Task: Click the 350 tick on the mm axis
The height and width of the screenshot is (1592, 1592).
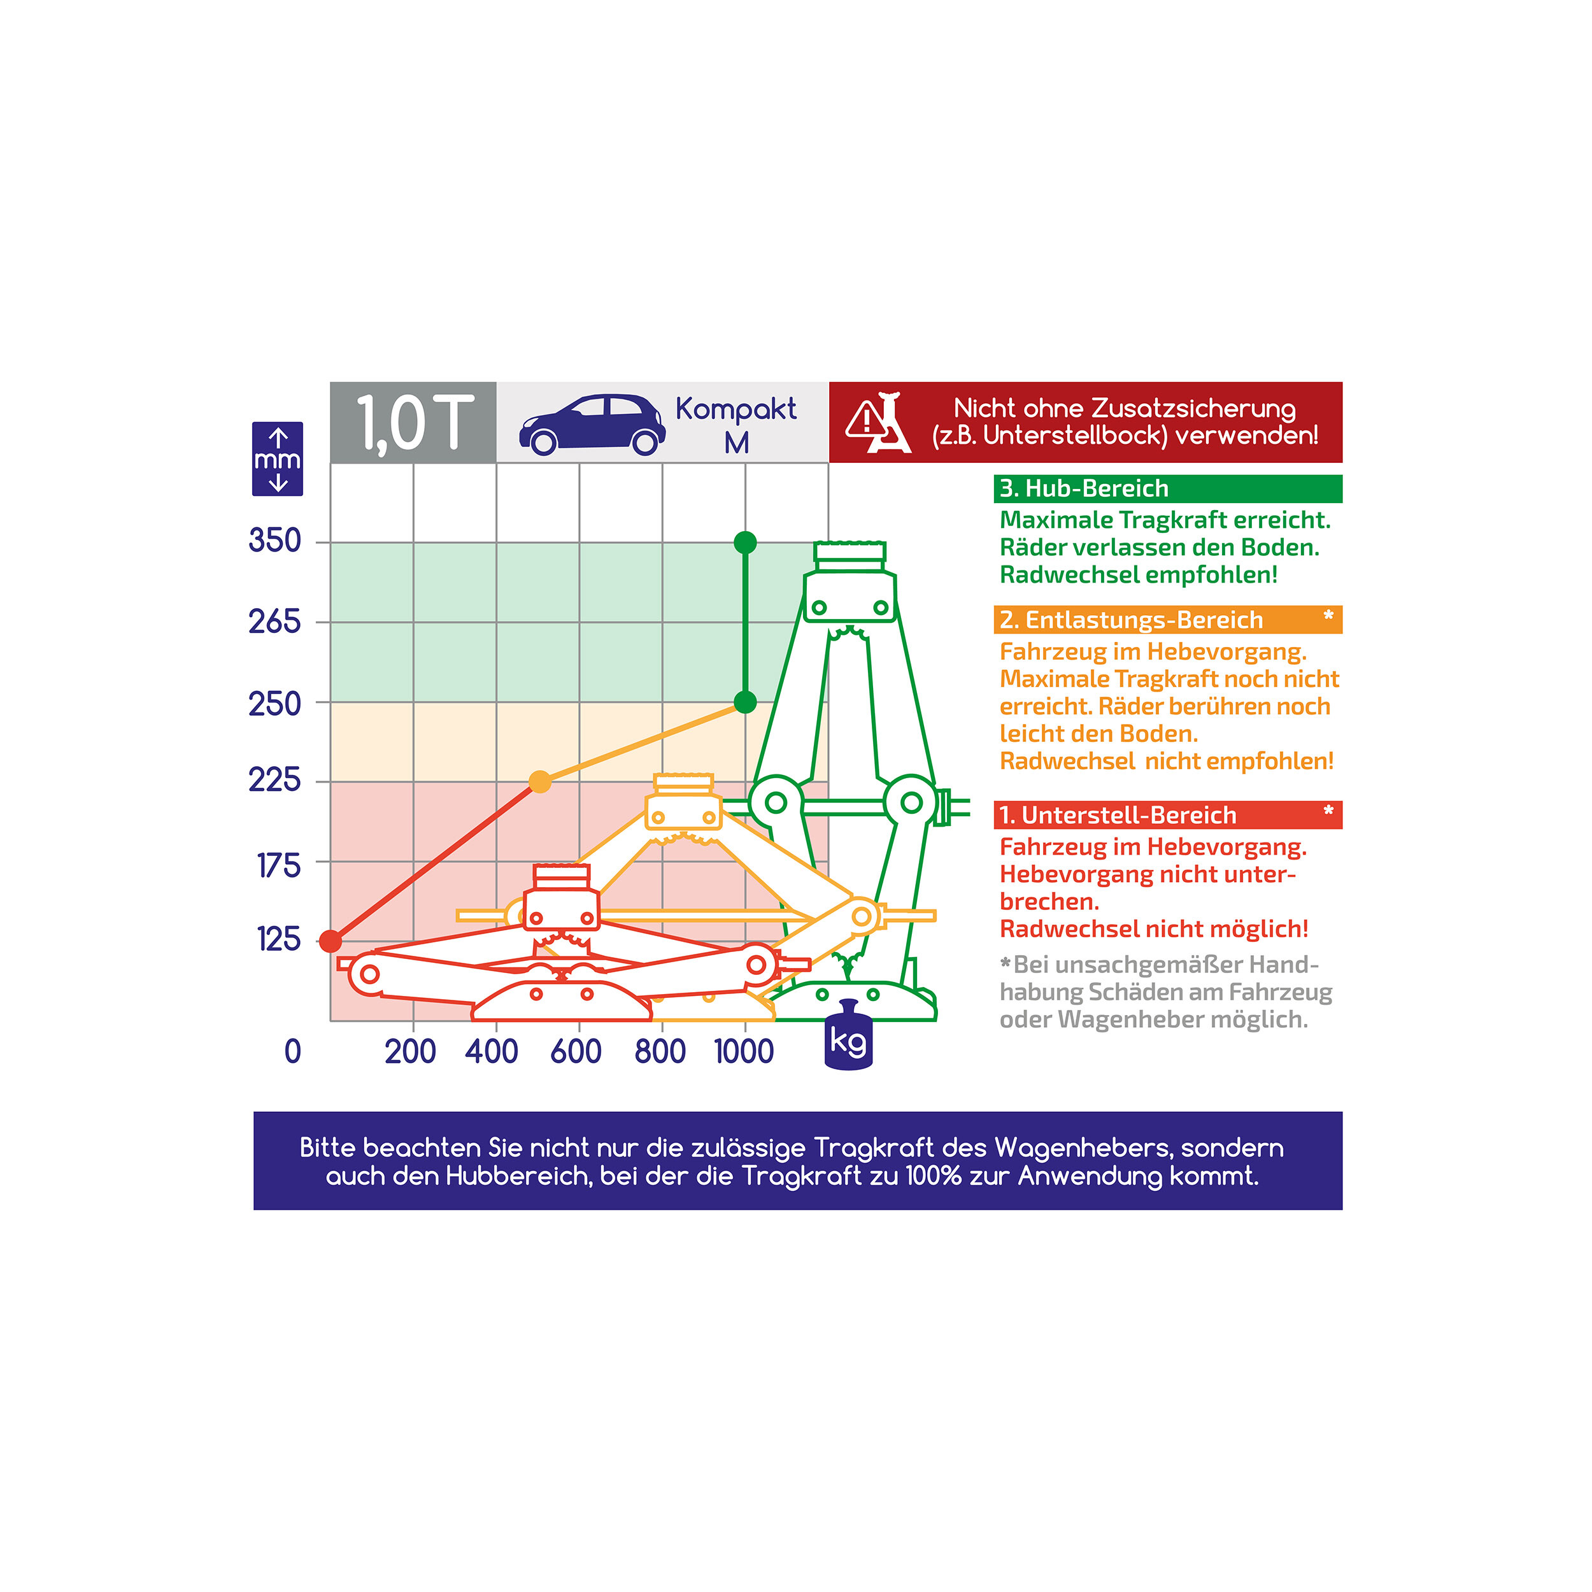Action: (275, 541)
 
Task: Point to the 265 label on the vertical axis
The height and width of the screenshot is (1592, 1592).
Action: (275, 622)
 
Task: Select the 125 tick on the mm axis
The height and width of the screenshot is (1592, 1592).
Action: (278, 939)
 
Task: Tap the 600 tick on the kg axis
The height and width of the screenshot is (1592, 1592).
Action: (576, 1052)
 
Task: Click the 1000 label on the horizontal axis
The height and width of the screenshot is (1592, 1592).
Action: (744, 1052)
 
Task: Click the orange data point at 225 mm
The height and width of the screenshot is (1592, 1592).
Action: (540, 781)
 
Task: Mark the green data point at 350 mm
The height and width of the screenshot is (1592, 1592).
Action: (746, 542)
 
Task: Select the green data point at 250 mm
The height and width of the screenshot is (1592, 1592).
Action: (746, 702)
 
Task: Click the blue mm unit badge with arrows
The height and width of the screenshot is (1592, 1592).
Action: (278, 459)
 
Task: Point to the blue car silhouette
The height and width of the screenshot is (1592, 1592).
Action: (592, 423)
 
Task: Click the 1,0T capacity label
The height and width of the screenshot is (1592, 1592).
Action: (415, 423)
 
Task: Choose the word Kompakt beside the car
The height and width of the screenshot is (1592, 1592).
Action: (737, 409)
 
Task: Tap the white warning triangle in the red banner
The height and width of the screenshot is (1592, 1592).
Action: (867, 421)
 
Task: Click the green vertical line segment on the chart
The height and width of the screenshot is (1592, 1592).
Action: (746, 622)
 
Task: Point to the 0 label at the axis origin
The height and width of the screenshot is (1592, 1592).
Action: (292, 1052)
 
